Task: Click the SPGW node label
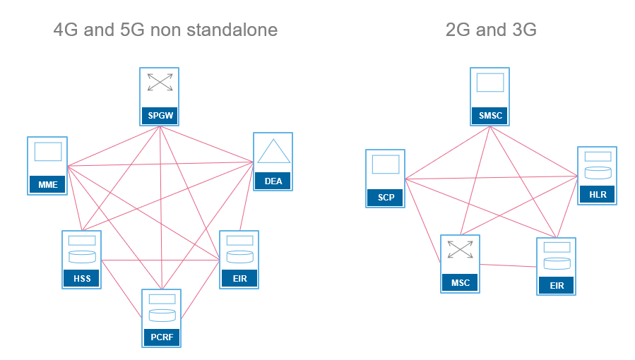coord(160,114)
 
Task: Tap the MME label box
coord(47,185)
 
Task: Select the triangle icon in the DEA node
coord(273,152)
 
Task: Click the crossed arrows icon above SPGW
coord(160,83)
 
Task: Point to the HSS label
coord(82,279)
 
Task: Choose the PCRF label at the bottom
coord(161,337)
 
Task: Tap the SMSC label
coord(489,114)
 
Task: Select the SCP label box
coord(386,198)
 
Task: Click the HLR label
coord(598,195)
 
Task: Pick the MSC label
coord(461,284)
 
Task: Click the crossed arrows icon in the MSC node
coord(461,250)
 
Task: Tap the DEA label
coord(273,181)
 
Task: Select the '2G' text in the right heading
coord(458,30)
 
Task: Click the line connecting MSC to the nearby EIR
coord(507,265)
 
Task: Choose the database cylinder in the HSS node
coord(82,256)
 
